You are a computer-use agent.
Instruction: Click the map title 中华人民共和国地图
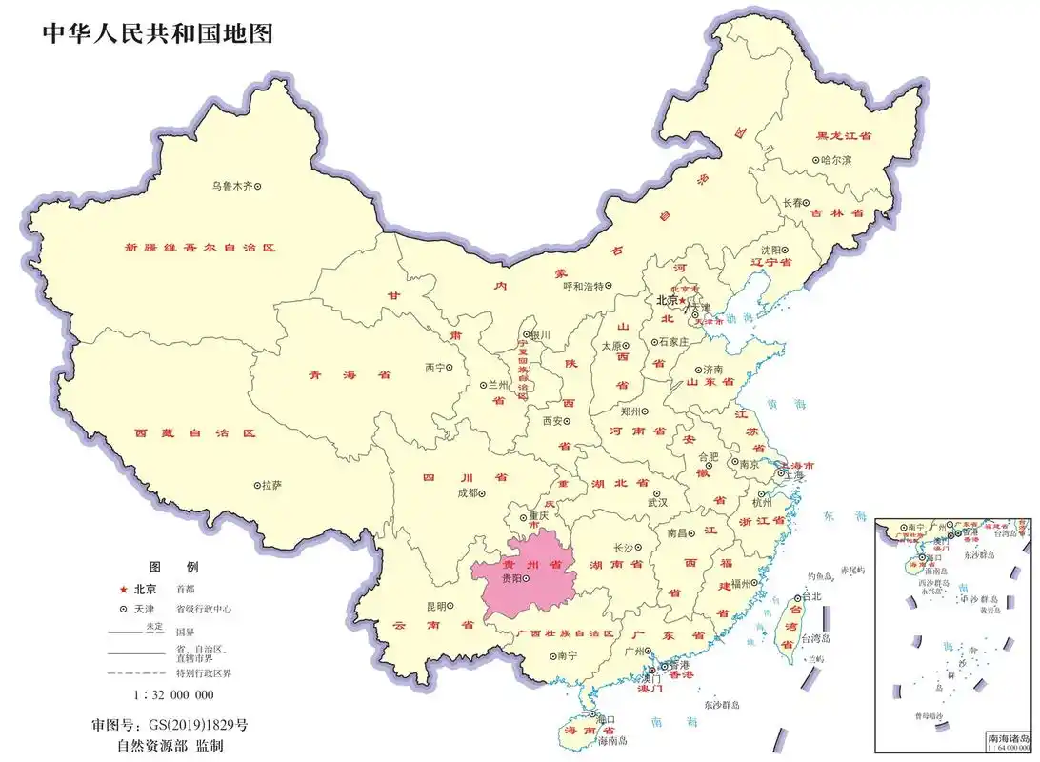click(157, 34)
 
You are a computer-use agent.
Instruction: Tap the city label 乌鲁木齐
click(231, 186)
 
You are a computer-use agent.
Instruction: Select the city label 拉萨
click(270, 485)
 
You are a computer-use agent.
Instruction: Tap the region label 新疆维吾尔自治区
click(200, 247)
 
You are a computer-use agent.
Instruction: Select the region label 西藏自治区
click(195, 433)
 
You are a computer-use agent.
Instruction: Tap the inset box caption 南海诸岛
click(1007, 738)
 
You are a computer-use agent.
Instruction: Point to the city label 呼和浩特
click(583, 286)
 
